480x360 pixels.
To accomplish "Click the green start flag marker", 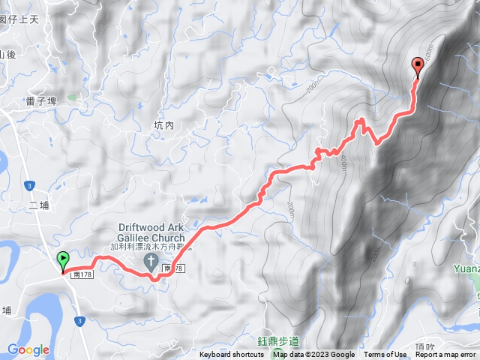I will pyautogui.click(x=63, y=260).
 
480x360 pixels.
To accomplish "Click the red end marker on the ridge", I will pyautogui.click(x=418, y=67).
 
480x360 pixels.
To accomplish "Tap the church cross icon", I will pyautogui.click(x=150, y=262).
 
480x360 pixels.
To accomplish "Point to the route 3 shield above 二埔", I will pyautogui.click(x=29, y=184).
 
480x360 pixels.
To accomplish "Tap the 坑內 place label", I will pyautogui.click(x=163, y=126).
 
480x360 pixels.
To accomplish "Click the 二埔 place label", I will pyautogui.click(x=39, y=205).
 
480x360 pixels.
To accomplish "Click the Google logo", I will pyautogui.click(x=28, y=349).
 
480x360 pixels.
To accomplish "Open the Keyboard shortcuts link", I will pyautogui.click(x=231, y=355).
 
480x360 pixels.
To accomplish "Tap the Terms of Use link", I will pyautogui.click(x=385, y=355).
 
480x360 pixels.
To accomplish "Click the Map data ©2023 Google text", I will pyautogui.click(x=313, y=355).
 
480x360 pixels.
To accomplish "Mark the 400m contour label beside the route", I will pyautogui.click(x=341, y=162).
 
